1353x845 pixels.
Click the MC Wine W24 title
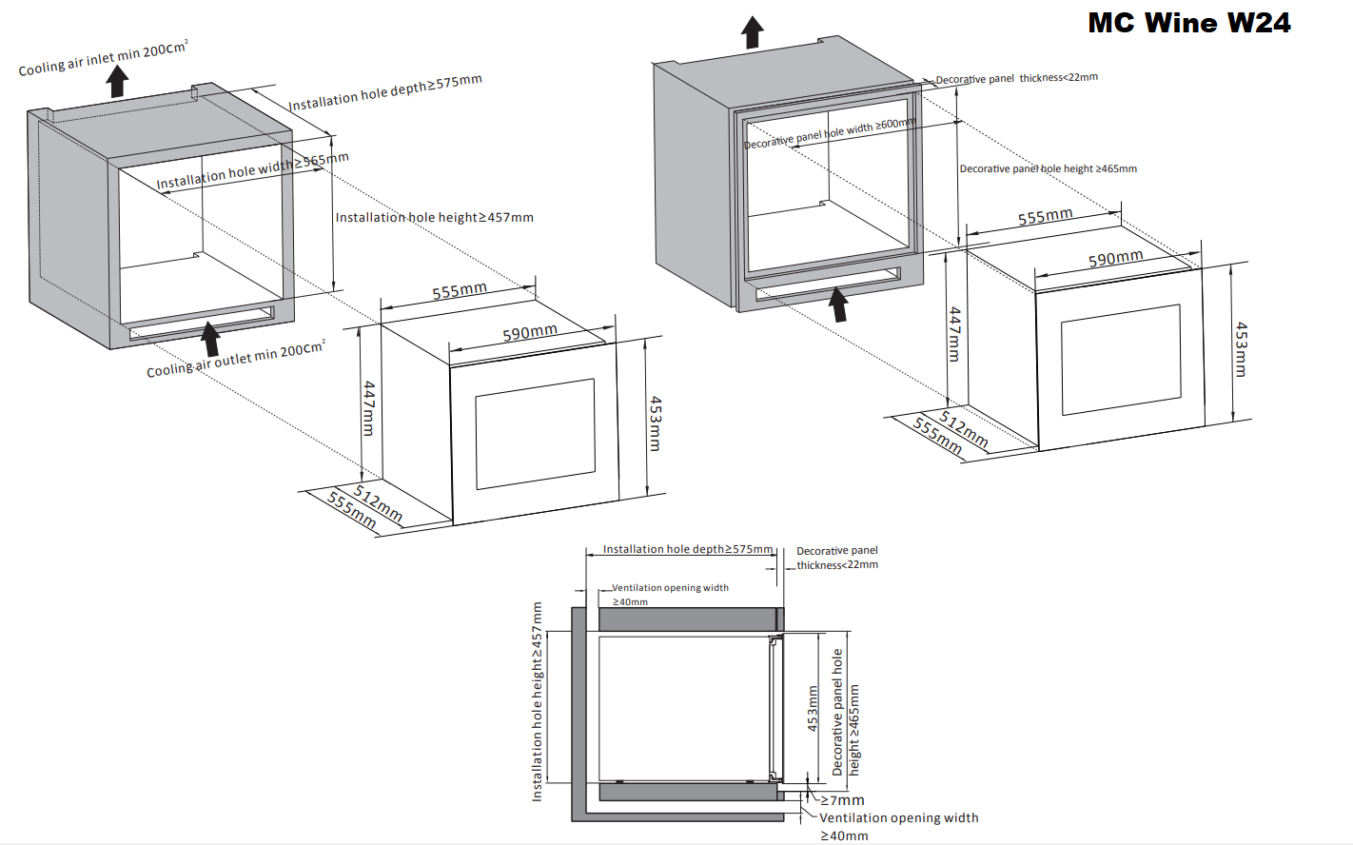[1189, 23]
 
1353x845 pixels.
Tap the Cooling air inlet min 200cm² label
[103, 58]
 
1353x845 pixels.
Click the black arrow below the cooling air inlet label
[117, 81]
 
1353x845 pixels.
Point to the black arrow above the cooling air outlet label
[210, 339]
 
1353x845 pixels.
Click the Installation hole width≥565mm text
[252, 170]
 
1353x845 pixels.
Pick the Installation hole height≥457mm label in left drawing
[434, 218]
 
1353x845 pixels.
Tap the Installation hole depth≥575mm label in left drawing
[384, 92]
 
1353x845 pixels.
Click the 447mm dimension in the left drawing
[369, 408]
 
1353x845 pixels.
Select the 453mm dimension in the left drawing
[655, 423]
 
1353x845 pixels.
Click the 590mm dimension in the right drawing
[1115, 258]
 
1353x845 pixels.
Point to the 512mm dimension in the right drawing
[963, 429]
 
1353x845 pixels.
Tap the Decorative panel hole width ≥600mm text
[829, 133]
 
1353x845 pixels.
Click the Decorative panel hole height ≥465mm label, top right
[1048, 169]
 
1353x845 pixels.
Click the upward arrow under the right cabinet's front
[838, 305]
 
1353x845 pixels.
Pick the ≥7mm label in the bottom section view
[843, 800]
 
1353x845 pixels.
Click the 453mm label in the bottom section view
[813, 708]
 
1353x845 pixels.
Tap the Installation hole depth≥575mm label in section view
[687, 549]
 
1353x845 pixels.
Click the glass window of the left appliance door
[535, 433]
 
